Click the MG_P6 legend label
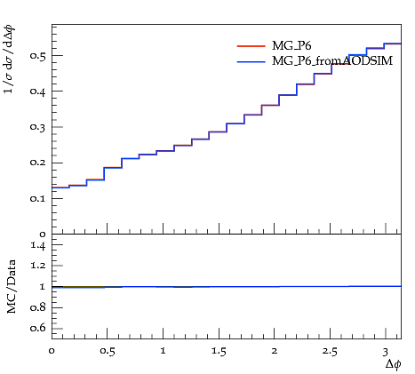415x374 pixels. (x=291, y=46)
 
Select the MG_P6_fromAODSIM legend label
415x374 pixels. (x=332, y=61)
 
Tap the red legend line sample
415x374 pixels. (x=251, y=46)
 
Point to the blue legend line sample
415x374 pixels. (x=251, y=61)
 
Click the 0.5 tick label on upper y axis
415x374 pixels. (x=38, y=56)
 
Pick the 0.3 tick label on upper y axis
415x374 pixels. (x=38, y=127)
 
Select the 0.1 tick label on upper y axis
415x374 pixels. (x=38, y=198)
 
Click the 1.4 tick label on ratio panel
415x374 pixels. (x=38, y=245)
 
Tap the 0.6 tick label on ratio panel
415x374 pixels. (x=38, y=328)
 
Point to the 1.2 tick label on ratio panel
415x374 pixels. (x=38, y=266)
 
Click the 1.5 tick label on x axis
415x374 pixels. (x=219, y=352)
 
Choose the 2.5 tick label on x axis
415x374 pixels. (x=330, y=352)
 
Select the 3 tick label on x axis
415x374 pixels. (x=385, y=352)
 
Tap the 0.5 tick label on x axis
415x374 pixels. (x=108, y=352)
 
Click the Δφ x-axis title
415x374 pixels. (x=393, y=364)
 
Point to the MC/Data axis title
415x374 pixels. (x=12, y=287)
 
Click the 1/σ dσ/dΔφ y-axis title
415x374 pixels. (x=9, y=60)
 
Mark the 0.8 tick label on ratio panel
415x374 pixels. (x=38, y=307)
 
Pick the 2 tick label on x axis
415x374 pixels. (x=275, y=351)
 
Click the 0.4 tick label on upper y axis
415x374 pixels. (x=38, y=92)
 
